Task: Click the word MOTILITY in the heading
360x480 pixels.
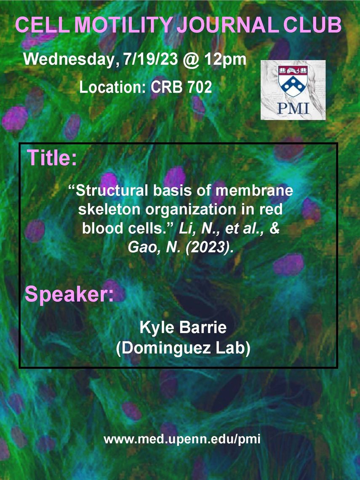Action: coord(124,25)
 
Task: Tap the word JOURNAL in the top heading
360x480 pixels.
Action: coord(228,25)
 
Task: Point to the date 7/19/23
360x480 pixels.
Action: coord(151,59)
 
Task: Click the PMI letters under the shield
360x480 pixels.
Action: coord(293,108)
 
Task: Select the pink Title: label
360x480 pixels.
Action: coord(52,157)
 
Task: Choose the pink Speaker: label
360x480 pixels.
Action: coord(69,294)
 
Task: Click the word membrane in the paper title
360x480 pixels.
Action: coord(254,191)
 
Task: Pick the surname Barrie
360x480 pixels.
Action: coord(203,327)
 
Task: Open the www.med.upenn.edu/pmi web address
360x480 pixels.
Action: coord(182,439)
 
